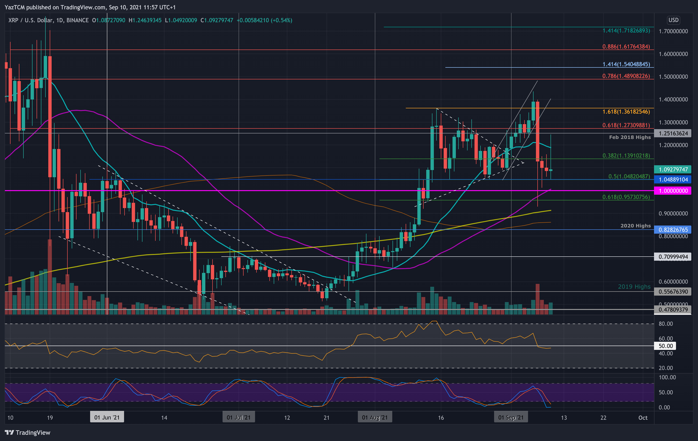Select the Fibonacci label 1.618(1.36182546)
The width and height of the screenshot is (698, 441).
pyautogui.click(x=626, y=112)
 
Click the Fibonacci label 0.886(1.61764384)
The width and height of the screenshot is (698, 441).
pyautogui.click(x=626, y=47)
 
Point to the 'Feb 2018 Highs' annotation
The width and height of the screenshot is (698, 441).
pyautogui.click(x=630, y=137)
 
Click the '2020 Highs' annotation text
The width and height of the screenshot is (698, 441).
pyautogui.click(x=635, y=226)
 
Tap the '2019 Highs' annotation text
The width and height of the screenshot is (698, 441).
pyautogui.click(x=634, y=287)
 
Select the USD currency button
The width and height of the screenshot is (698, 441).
pyautogui.click(x=673, y=20)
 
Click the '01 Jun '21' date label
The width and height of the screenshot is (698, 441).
pyautogui.click(x=107, y=418)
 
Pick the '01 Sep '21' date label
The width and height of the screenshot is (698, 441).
pyautogui.click(x=511, y=418)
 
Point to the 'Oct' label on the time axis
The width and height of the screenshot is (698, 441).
pyautogui.click(x=643, y=418)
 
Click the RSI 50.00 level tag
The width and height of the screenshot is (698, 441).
pyautogui.click(x=665, y=346)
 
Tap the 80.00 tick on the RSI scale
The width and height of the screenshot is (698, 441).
pyautogui.click(x=665, y=324)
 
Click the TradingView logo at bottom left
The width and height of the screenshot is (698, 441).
pyautogui.click(x=27, y=433)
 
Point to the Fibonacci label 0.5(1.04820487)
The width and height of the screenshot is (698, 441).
pyautogui.click(x=629, y=176)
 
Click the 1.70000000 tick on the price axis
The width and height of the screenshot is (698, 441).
pyautogui.click(x=673, y=31)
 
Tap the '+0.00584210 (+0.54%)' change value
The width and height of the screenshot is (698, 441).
pyautogui.click(x=264, y=20)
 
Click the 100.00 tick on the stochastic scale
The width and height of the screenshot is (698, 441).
pyautogui.click(x=667, y=377)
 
